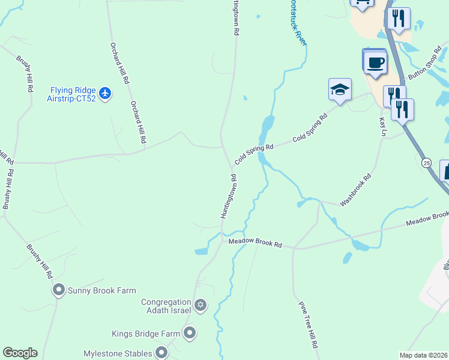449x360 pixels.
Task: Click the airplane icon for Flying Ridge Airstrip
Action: pos(106,93)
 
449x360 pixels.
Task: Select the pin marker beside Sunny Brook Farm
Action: pos(58,290)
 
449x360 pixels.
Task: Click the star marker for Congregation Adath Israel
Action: pos(200,306)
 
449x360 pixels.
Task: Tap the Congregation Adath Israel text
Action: pos(166,306)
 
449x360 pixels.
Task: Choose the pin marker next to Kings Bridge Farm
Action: pos(190,333)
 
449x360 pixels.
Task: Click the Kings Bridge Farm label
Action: pos(146,333)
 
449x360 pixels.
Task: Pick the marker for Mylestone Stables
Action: pos(161,352)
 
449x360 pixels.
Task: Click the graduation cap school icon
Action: pos(339,90)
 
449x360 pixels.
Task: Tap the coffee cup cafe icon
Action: pos(376,62)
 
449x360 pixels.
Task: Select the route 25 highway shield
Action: pos(426,163)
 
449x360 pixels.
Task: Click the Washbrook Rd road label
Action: pos(356,190)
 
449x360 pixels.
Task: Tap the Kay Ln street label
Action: pos(382,126)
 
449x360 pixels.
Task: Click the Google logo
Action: pos(20,353)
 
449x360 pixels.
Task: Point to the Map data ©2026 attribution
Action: pos(423,355)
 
